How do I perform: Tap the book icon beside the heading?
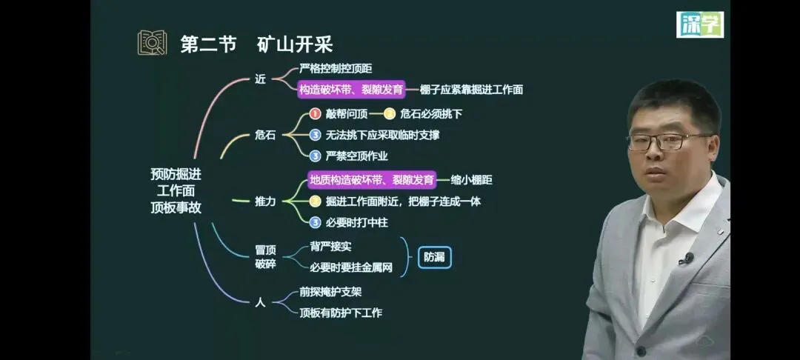point(152,42)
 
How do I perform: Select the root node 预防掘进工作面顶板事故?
point(176,190)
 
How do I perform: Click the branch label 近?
point(259,79)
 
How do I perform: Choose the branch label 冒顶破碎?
point(265,257)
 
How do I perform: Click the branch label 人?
point(259,301)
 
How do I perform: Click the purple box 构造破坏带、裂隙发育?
point(351,90)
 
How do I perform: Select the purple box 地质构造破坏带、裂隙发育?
point(372,179)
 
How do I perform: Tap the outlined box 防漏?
point(434,258)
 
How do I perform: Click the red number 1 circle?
point(315,114)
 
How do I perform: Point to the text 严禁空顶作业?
point(357,156)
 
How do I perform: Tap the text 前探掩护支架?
point(330,292)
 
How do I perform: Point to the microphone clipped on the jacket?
point(687,259)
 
